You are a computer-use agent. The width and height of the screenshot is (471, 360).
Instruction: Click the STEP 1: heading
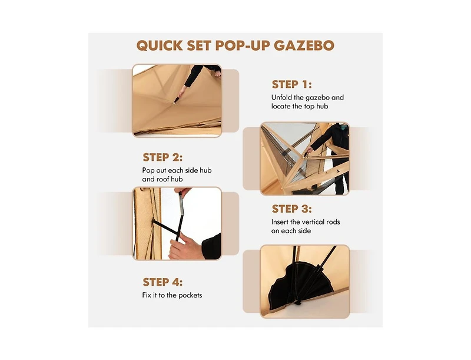(291, 84)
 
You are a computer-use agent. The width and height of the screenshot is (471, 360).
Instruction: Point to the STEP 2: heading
(162, 157)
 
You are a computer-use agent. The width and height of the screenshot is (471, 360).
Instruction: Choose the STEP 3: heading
(291, 209)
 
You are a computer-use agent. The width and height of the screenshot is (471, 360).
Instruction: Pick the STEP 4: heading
(162, 282)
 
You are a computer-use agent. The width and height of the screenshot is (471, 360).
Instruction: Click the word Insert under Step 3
(281, 222)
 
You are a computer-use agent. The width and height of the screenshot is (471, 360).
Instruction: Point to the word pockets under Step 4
(190, 295)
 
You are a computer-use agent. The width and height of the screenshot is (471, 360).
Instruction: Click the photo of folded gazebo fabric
(177, 101)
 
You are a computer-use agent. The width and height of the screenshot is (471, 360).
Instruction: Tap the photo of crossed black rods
(177, 223)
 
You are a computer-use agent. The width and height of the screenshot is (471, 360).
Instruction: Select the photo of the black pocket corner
(304, 282)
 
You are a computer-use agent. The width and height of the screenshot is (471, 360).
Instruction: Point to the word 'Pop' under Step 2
(150, 170)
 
